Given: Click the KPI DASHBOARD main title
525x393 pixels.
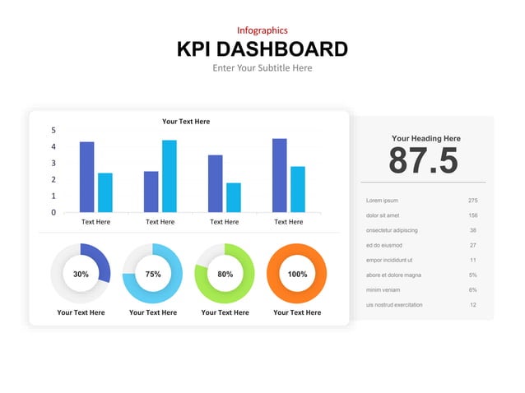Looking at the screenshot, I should (x=262, y=49).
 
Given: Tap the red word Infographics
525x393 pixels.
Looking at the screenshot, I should (x=262, y=30).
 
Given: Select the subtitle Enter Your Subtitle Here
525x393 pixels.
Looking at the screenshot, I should (x=262, y=68).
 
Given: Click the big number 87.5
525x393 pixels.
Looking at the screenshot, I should (x=423, y=161).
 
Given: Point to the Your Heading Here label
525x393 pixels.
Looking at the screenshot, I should (x=425, y=139).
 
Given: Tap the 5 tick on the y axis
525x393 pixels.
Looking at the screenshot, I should (x=53, y=130).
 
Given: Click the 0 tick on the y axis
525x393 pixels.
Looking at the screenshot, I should (x=53, y=212).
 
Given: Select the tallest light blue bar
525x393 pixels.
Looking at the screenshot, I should (x=169, y=176).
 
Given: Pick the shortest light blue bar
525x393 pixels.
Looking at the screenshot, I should (x=233, y=197).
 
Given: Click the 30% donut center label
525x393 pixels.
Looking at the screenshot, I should (x=81, y=274).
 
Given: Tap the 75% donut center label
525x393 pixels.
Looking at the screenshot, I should (x=153, y=274).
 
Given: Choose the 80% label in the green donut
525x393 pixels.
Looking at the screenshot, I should (x=225, y=274).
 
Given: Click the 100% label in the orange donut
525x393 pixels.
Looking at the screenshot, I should (x=297, y=274).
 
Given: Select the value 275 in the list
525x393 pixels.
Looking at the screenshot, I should (x=472, y=201).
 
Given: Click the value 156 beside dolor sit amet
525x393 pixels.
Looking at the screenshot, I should (x=472, y=215).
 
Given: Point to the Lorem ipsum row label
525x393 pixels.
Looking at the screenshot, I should (x=382, y=201).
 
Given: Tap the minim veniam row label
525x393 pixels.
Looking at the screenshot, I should (x=384, y=289).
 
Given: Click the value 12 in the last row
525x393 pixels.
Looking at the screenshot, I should (x=473, y=305).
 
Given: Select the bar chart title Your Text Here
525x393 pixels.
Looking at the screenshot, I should (x=186, y=122).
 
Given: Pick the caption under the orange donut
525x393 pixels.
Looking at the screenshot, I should (x=297, y=312).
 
